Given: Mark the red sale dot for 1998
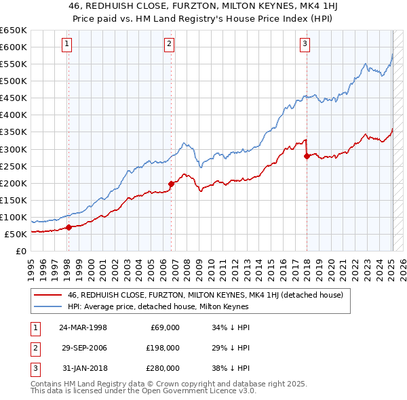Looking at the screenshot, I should coord(69,227).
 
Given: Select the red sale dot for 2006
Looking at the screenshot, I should coord(171,183).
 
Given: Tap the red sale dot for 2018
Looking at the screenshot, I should coord(307,156).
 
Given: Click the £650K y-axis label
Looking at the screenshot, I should coord(14,31).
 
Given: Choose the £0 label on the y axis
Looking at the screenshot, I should coord(20,252).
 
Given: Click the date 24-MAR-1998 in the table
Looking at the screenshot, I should coord(83,327).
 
